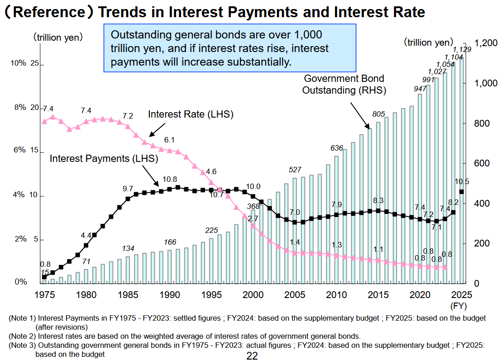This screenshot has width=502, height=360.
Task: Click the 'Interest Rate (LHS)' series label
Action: (191, 114)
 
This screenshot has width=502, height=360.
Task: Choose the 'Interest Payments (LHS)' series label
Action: (104, 159)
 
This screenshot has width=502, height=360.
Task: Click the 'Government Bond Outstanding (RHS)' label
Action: (344, 84)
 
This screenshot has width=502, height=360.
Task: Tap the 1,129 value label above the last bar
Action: (462, 49)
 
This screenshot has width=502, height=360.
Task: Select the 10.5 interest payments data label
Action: (461, 181)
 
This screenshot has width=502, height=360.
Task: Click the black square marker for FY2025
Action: (461, 192)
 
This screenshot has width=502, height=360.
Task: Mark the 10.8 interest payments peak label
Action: (170, 179)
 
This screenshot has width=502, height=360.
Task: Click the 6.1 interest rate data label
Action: (169, 140)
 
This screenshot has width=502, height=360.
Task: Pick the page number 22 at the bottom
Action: (252, 355)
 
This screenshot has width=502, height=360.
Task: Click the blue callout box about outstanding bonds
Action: (229, 48)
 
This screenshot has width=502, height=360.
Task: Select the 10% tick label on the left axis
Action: (19, 63)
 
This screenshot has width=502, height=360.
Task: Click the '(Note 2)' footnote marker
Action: (22, 336)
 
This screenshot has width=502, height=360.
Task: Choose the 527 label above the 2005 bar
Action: (295, 170)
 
